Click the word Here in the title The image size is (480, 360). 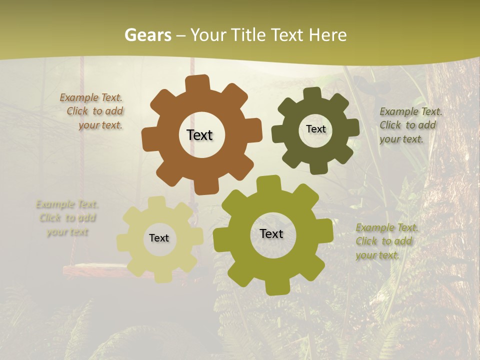point(327,35)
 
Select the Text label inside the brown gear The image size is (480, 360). point(199,135)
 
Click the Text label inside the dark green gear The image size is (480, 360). point(315,129)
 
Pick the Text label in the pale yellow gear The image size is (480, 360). point(159,238)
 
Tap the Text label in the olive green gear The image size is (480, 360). point(271,234)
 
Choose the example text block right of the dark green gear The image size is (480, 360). point(410,125)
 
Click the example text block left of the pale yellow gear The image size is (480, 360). point(66,218)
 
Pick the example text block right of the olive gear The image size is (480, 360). point(386,241)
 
